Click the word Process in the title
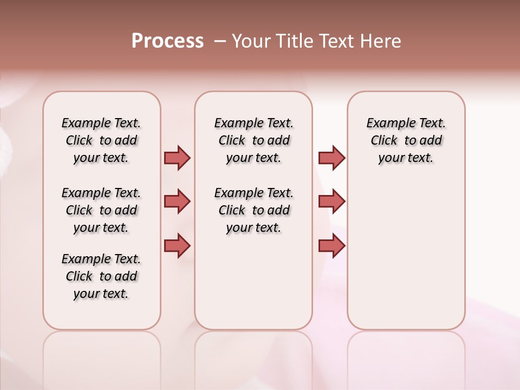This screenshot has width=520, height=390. [x=167, y=41]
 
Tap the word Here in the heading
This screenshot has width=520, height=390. [x=382, y=41]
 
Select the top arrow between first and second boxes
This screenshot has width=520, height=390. [x=177, y=158]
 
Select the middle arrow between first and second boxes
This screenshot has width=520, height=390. [x=177, y=201]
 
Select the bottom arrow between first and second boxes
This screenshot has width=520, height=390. [x=177, y=245]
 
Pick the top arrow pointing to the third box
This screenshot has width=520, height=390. [x=331, y=158]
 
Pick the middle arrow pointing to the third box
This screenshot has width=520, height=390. [x=331, y=201]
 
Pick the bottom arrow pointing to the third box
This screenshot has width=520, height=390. [x=331, y=245]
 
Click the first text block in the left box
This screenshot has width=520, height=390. [x=101, y=140]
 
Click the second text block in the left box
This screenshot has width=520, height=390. [x=101, y=210]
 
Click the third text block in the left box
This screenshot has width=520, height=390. [x=101, y=276]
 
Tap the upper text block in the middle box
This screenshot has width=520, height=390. [x=253, y=140]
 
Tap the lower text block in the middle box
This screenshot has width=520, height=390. [x=253, y=210]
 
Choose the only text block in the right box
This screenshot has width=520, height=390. [x=406, y=140]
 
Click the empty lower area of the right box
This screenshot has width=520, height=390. [x=406, y=260]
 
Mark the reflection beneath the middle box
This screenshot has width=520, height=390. [x=253, y=357]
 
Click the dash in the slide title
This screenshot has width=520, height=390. [x=220, y=41]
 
